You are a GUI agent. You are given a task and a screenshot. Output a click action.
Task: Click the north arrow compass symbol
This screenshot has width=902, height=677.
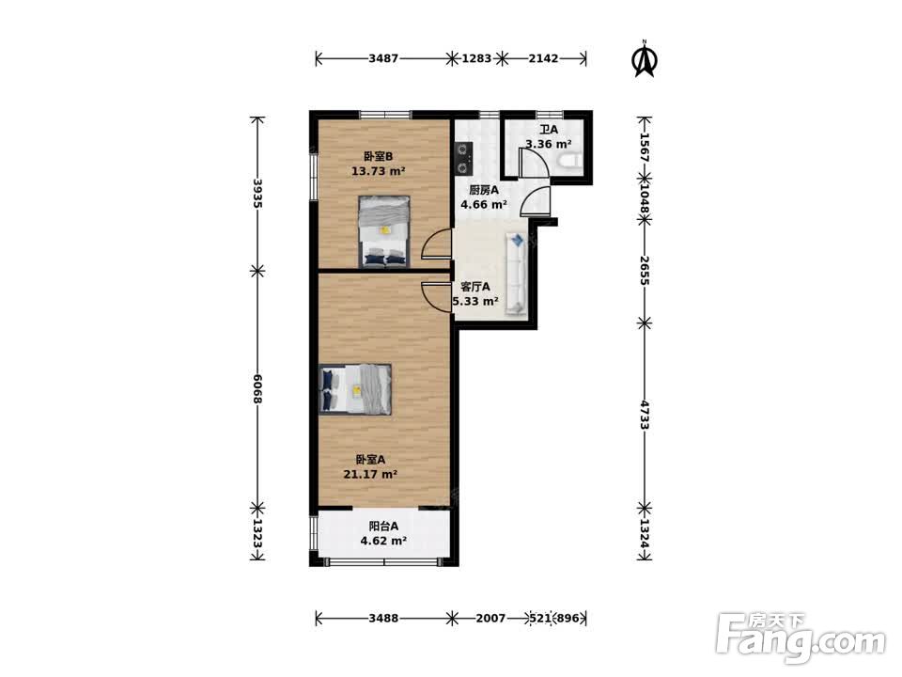645,58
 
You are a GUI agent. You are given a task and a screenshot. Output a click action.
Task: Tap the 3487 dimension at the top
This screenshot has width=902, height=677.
383,58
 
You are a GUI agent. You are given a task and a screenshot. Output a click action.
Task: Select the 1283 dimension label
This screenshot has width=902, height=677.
477,58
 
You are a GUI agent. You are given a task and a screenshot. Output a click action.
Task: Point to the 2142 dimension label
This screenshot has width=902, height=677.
544,58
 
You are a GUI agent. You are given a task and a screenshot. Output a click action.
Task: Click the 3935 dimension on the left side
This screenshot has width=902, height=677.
257,193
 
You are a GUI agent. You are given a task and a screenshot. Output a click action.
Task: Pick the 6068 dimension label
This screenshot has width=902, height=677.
257,389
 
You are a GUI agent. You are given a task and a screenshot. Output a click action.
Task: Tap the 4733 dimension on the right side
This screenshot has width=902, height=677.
645,415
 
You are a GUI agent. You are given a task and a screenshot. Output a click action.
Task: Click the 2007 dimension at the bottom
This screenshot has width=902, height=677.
490,619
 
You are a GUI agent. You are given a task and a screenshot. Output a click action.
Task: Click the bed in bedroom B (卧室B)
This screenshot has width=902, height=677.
384,231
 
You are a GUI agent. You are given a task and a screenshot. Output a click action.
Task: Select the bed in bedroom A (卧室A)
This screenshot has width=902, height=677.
355,388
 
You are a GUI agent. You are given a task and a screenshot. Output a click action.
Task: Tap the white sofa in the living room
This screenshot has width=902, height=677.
516,274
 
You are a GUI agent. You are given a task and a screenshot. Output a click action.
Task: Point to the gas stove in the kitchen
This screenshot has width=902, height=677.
463,158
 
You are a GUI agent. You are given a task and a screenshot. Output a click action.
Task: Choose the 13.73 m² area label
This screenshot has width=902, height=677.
379,171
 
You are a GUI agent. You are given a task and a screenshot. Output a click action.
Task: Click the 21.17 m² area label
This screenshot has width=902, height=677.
370,474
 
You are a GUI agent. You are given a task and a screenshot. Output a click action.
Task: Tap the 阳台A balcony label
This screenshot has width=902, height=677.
383,526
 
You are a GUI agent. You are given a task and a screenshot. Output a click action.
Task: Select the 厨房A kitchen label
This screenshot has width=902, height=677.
483,190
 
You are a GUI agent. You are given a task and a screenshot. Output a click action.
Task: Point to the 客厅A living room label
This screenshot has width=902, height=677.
475,287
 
